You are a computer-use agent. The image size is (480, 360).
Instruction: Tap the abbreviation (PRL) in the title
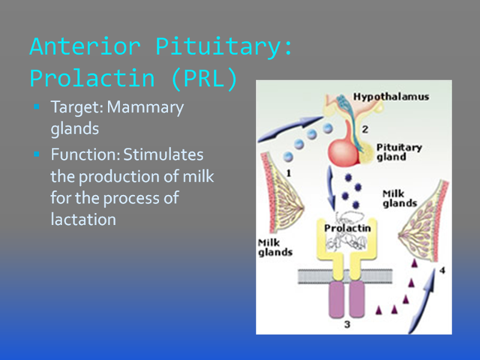coord(205,79)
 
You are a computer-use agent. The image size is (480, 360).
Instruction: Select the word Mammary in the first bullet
coord(145,108)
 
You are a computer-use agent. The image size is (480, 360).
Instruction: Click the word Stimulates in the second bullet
coord(163,154)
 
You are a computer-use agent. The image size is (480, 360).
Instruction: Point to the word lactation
coord(83,219)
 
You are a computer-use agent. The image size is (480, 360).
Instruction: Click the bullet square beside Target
coord(37,107)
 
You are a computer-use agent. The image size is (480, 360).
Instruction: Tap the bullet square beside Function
coord(37,154)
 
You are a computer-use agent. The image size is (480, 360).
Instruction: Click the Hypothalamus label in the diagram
coord(391,97)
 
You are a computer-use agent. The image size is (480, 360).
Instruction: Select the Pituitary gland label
coord(399,152)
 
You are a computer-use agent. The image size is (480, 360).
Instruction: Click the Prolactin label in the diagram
coord(347,228)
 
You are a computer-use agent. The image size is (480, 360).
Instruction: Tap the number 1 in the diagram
coord(289,173)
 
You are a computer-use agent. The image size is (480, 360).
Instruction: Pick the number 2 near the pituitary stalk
coord(365,130)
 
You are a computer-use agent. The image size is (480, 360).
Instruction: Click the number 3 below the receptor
coord(347,325)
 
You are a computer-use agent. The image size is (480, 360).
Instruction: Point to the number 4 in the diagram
coord(442,271)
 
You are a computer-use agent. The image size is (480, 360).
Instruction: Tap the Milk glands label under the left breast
coord(275,248)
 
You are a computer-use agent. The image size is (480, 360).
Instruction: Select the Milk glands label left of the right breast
coord(400,199)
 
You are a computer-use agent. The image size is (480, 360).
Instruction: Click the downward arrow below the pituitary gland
coord(331,188)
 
